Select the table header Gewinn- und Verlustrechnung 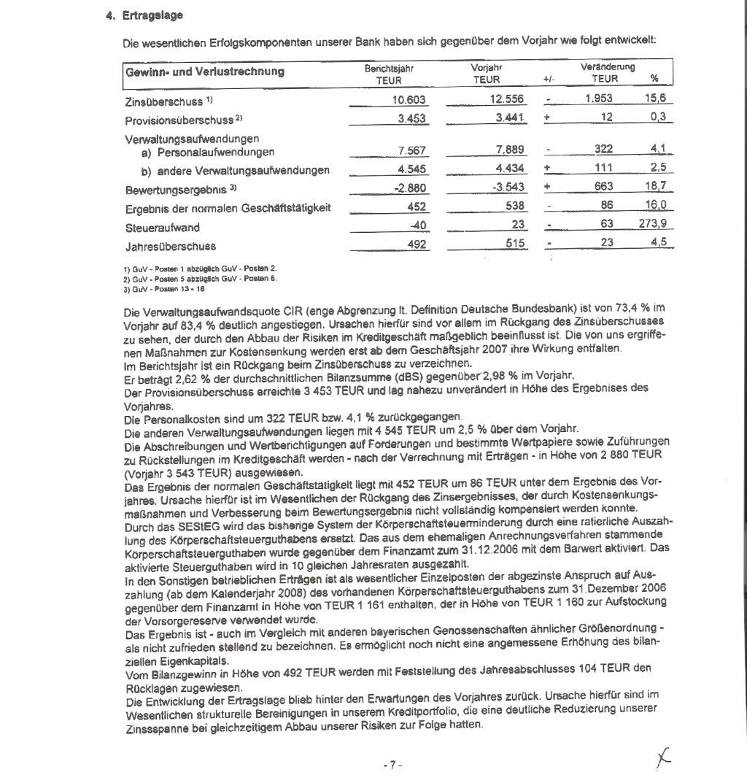[205, 72]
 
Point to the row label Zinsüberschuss [171, 101]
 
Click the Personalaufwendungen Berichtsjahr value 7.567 [412, 151]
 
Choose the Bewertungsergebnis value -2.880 [409, 188]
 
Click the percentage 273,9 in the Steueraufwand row [653, 225]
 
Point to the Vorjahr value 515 [516, 244]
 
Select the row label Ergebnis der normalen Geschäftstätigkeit [228, 208]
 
